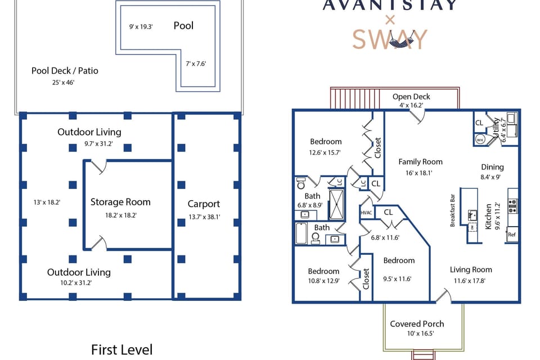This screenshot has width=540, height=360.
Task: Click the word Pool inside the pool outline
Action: click(x=183, y=25)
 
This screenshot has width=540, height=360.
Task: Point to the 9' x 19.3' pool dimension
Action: click(x=141, y=26)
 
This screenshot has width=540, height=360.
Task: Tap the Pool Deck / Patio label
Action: click(x=65, y=71)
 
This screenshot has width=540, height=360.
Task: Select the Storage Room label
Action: click(x=128, y=202)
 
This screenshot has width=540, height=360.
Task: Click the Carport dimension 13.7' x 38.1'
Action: click(x=204, y=217)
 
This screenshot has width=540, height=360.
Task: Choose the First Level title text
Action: click(x=121, y=350)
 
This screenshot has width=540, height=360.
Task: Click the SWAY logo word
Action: click(x=390, y=39)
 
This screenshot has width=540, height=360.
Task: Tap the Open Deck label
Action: click(x=411, y=97)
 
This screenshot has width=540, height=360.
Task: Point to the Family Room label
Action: click(x=420, y=162)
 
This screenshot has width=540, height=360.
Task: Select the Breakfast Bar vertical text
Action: click(x=452, y=210)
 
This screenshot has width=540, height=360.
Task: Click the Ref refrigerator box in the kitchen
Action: click(x=512, y=235)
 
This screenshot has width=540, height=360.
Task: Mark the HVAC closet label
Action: click(x=366, y=213)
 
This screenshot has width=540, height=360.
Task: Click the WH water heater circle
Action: click(x=480, y=139)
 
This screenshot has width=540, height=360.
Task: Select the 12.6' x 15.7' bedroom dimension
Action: click(x=325, y=152)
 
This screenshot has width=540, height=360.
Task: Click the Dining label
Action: click(x=492, y=167)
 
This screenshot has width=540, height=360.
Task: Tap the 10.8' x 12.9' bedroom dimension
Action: click(x=323, y=281)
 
